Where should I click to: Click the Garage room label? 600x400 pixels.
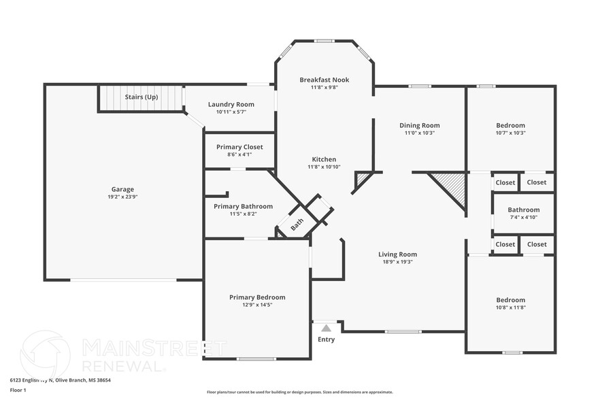pyautogui.click(x=122, y=189)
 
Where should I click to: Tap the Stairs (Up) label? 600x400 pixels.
pyautogui.click(x=141, y=97)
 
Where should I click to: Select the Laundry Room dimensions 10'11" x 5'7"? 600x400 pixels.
pyautogui.click(x=231, y=112)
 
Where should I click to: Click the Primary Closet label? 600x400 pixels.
pyautogui.click(x=239, y=147)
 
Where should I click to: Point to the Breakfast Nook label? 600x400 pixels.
pyautogui.click(x=324, y=80)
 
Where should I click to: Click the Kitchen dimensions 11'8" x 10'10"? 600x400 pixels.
pyautogui.click(x=324, y=167)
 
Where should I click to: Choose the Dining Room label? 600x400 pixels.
pyautogui.click(x=419, y=125)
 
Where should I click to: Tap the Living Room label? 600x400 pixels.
pyautogui.click(x=397, y=254)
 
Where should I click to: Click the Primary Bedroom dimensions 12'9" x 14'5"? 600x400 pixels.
pyautogui.click(x=257, y=305)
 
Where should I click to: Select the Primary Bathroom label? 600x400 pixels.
pyautogui.click(x=243, y=207)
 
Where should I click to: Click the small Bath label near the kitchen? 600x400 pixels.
pyautogui.click(x=297, y=224)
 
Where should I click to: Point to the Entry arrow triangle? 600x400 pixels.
pyautogui.click(x=326, y=328)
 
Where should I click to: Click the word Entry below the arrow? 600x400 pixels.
pyautogui.click(x=326, y=339)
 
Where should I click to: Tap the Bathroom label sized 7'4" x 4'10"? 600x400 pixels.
pyautogui.click(x=523, y=210)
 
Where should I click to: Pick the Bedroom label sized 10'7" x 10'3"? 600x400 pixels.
pyautogui.click(x=510, y=126)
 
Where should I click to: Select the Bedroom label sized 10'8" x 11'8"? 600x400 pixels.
pyautogui.click(x=510, y=300)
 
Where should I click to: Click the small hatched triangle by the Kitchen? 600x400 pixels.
pyautogui.click(x=363, y=179)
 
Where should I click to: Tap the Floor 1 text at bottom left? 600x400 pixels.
pyautogui.click(x=18, y=390)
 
